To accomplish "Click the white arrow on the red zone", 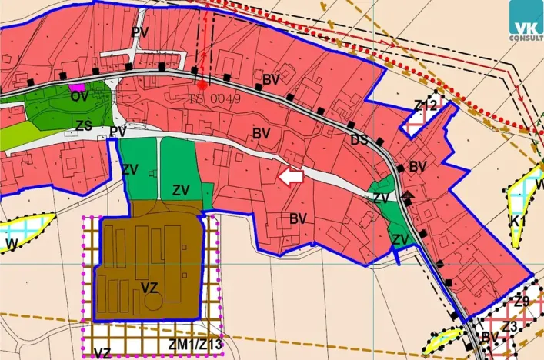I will tap(289, 178).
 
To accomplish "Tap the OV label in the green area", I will tap(79, 97).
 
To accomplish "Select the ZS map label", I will tap(84, 125).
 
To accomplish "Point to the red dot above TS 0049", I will tap(202, 85).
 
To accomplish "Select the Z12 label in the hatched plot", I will tap(425, 105).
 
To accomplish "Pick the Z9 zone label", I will tap(522, 302).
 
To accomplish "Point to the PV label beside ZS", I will tap(118, 132).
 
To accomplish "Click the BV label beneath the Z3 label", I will tap(490, 338).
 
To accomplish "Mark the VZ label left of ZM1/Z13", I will tap(102, 353).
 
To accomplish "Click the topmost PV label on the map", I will tap(139, 32).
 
